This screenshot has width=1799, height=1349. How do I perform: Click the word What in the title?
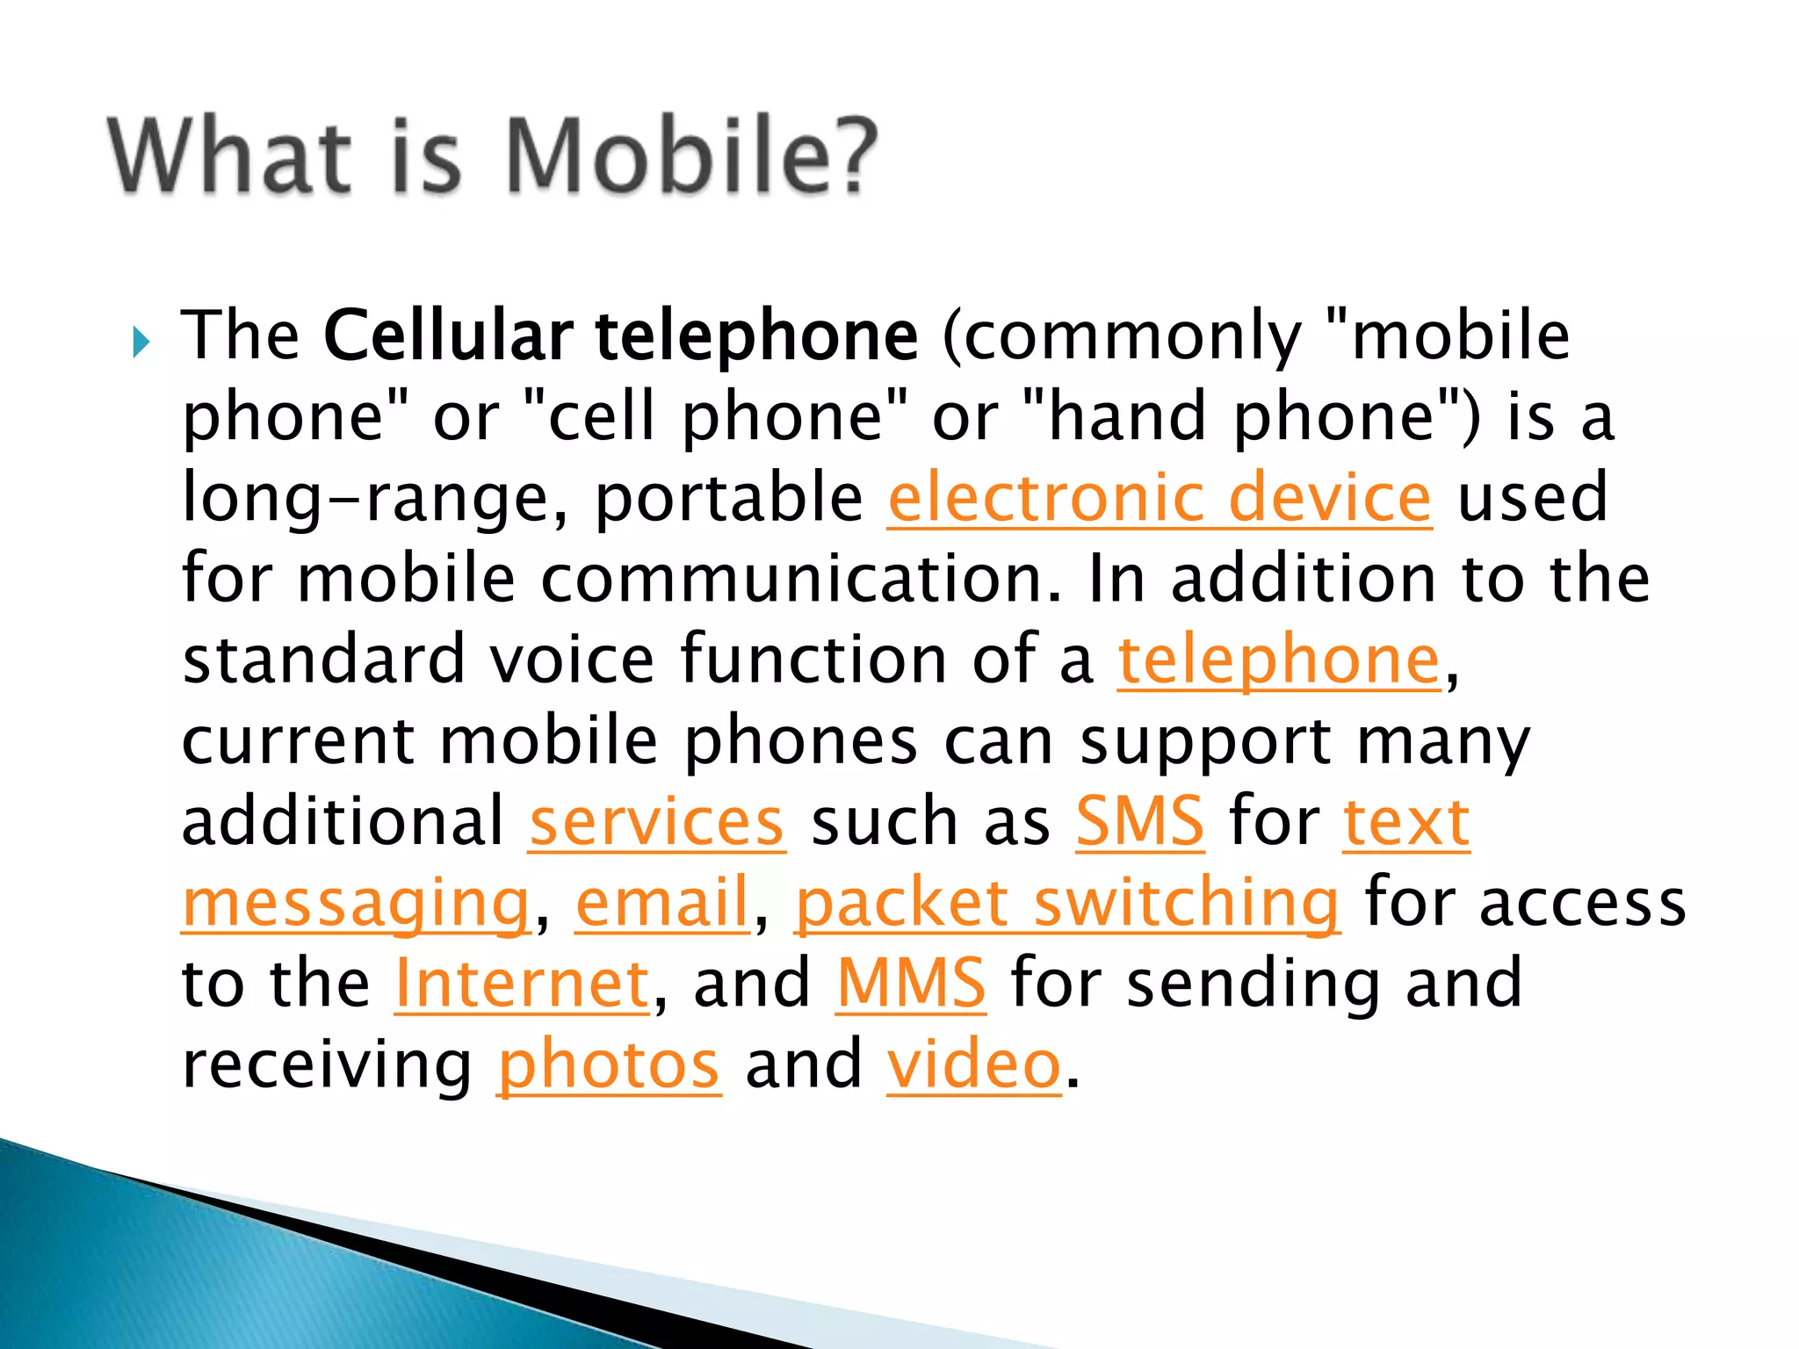[230, 155]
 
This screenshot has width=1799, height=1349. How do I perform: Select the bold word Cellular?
[448, 335]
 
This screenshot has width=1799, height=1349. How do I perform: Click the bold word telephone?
[756, 337]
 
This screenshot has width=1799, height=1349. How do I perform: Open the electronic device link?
[1160, 498]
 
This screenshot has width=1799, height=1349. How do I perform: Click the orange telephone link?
[1279, 660]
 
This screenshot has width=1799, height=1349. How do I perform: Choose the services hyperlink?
[656, 822]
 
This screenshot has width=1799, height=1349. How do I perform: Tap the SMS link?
[1139, 822]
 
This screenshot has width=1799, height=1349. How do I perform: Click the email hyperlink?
[662, 903]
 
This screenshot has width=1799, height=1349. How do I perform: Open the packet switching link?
[1067, 903]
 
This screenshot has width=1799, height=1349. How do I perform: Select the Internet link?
[523, 984]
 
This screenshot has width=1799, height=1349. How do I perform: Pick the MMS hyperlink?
[911, 984]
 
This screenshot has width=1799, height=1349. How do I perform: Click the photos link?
[609, 1064]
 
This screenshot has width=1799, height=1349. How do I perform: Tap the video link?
[974, 1064]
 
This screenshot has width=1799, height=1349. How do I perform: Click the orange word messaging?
[356, 905]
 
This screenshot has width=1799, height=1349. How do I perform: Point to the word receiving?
[328, 1064]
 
